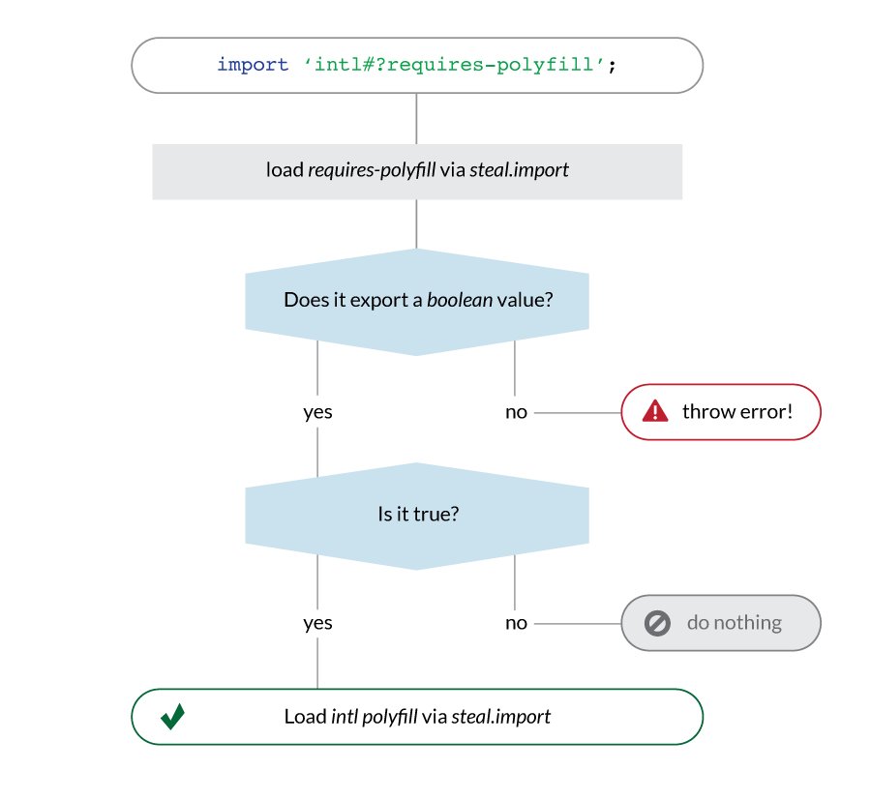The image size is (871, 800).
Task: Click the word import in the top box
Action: click(x=253, y=65)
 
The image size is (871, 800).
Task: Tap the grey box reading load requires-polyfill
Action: click(x=417, y=171)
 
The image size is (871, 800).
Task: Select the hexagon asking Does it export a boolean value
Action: click(x=417, y=302)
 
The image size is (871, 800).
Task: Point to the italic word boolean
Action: click(x=460, y=300)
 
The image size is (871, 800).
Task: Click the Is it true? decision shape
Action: click(x=417, y=516)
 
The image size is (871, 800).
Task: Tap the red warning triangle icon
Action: click(x=655, y=411)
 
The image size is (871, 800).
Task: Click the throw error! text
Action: click(x=737, y=411)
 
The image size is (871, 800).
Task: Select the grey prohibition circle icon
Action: click(x=657, y=623)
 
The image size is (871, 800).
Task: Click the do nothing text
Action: click(x=735, y=622)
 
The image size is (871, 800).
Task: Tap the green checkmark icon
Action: click(x=173, y=716)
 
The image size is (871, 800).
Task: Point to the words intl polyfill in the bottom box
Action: click(x=374, y=717)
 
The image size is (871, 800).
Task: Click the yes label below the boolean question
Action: click(x=317, y=412)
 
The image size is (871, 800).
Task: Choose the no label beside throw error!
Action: click(x=516, y=412)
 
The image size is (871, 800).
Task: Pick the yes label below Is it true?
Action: click(x=317, y=623)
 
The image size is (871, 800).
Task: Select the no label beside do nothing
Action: click(x=516, y=623)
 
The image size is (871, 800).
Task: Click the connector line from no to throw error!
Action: click(x=578, y=412)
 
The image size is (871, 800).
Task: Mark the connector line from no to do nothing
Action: click(x=578, y=623)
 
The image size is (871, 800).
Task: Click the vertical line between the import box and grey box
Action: click(x=416, y=119)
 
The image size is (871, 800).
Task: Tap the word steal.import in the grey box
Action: click(x=520, y=170)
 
